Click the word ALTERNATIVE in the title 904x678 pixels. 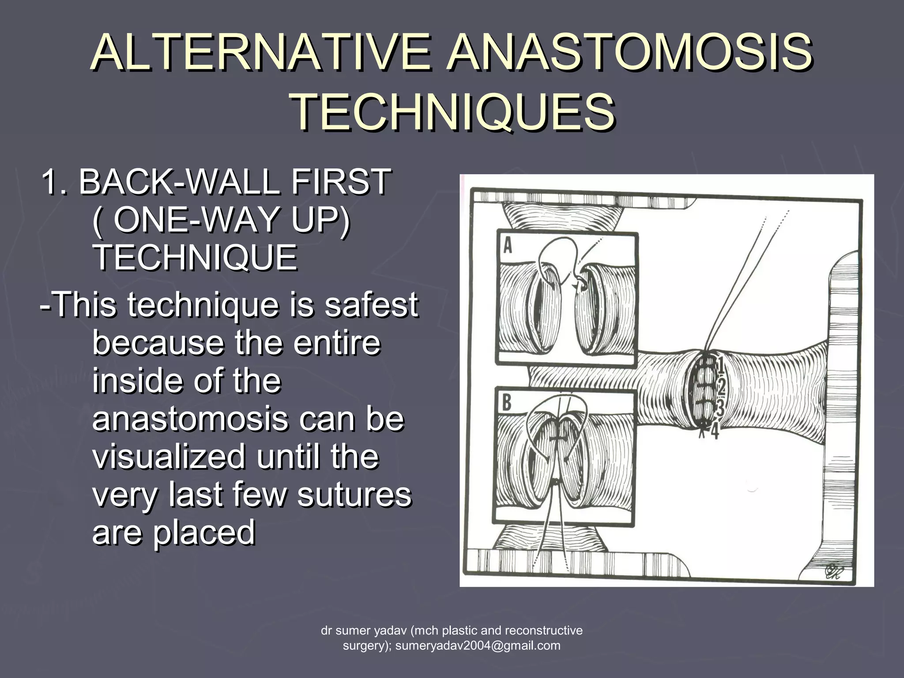click(x=260, y=54)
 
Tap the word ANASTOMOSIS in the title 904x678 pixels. click(x=629, y=54)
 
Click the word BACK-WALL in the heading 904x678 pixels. click(x=179, y=181)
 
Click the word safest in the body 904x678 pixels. click(x=371, y=305)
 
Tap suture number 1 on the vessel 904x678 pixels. click(x=719, y=365)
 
